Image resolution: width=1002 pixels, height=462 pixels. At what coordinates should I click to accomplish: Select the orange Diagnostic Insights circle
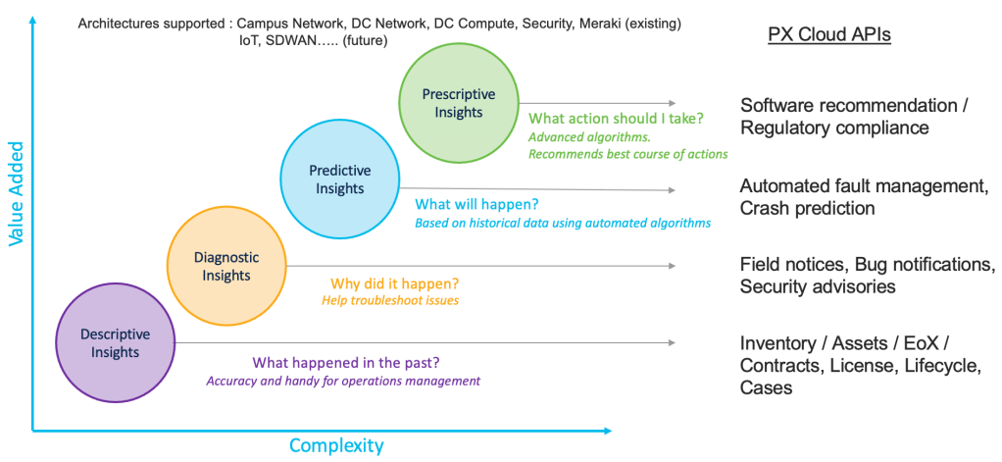pos(226,266)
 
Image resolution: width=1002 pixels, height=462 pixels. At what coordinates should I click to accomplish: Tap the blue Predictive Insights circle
pos(339,179)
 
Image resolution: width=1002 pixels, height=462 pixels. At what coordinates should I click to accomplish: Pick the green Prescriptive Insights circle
pos(458,103)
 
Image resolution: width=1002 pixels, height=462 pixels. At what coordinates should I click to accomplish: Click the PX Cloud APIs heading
pos(828,35)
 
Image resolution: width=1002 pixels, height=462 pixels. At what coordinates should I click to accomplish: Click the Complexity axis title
pos(335,445)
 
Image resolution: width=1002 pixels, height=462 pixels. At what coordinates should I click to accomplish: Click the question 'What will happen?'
pos(476,205)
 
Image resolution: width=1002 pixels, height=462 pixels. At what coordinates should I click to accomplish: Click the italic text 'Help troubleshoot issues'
pos(390,300)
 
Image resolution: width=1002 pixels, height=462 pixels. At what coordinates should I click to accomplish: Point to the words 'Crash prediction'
pos(807,208)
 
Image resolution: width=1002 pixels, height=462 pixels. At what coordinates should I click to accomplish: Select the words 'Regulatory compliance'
pos(834,128)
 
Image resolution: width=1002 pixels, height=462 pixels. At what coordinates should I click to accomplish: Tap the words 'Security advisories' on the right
pos(818,286)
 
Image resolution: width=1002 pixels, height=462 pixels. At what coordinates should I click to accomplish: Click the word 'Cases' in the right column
pos(766,387)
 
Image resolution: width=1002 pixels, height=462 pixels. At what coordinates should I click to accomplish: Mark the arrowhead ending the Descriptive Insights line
pos(672,342)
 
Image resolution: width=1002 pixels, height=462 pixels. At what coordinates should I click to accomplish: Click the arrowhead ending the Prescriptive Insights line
pos(672,102)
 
